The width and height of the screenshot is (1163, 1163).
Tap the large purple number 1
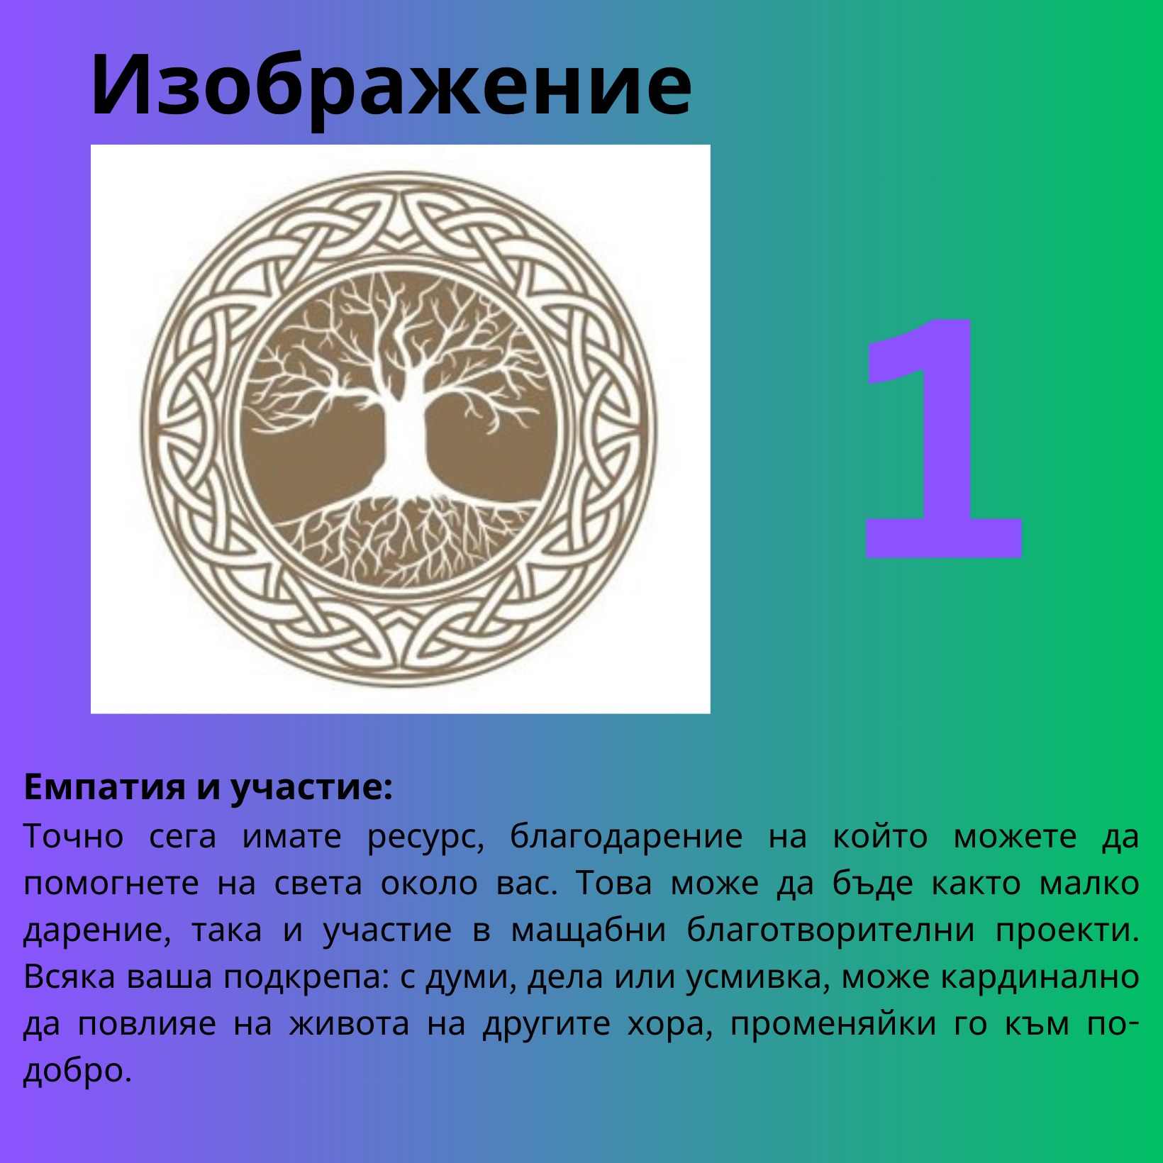[943, 438]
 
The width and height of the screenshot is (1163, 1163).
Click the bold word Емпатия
[105, 787]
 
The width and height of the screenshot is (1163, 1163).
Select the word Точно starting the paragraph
[74, 836]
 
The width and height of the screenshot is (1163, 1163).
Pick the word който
[880, 836]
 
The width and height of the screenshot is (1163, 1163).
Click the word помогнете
[111, 884]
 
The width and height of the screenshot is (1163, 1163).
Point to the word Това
[613, 883]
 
